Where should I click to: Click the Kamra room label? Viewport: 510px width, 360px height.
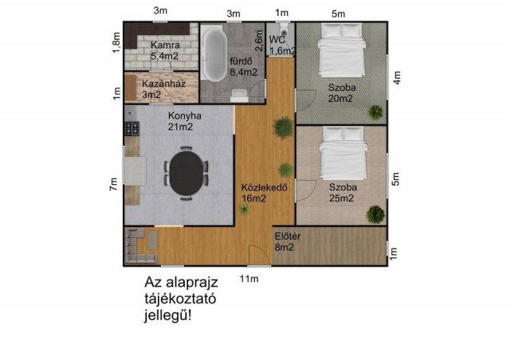164,51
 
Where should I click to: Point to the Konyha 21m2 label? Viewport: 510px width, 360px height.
183,120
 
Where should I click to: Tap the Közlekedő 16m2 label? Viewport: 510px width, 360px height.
264,193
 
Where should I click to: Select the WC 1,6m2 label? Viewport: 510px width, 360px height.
283,45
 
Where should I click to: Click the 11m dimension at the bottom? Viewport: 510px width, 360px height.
249,279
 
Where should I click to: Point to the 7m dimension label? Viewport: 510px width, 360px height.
114,184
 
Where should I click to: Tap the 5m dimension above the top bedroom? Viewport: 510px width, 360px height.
339,13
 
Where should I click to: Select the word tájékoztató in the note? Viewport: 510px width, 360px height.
180,299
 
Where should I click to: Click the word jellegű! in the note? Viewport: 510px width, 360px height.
169,315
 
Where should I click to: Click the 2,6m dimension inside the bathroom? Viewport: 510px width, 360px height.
258,35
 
